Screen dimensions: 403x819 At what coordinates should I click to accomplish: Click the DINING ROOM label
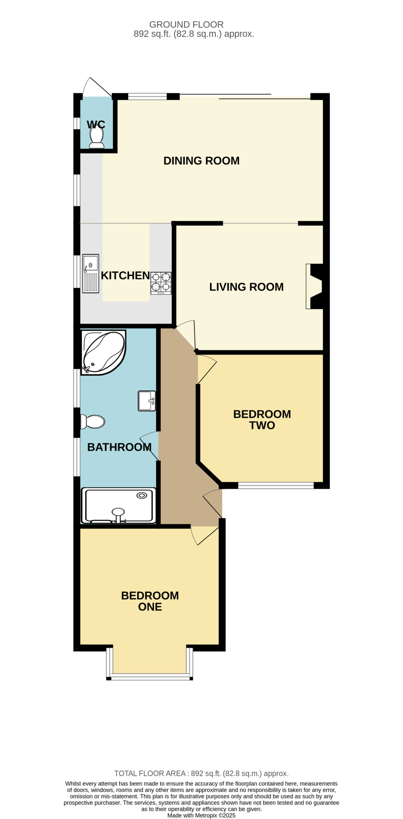pyautogui.click(x=201, y=161)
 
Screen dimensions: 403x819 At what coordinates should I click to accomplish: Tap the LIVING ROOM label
pyautogui.click(x=246, y=287)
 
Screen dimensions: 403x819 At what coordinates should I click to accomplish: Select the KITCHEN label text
pyautogui.click(x=125, y=275)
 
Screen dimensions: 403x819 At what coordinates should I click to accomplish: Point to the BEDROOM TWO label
pyautogui.click(x=262, y=419)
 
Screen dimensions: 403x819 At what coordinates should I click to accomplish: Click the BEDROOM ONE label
pyautogui.click(x=150, y=601)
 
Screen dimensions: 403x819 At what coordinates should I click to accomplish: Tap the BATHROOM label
pyautogui.click(x=119, y=447)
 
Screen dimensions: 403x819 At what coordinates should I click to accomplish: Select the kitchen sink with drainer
pyautogui.click(x=91, y=274)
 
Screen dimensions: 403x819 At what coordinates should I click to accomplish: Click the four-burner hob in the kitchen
pyautogui.click(x=161, y=283)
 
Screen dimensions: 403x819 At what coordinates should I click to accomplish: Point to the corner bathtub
pyautogui.click(x=103, y=352)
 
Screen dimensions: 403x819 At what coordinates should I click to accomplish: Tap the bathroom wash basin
pyautogui.click(x=147, y=401)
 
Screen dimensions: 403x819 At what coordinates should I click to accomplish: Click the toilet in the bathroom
pyautogui.click(x=93, y=422)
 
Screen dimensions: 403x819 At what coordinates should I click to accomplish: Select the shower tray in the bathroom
pyautogui.click(x=119, y=505)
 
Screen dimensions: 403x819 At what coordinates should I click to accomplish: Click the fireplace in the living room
pyautogui.click(x=314, y=286)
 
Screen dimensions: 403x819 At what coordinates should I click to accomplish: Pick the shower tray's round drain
pyautogui.click(x=142, y=496)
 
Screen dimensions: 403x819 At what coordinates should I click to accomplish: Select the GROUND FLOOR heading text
pyautogui.click(x=186, y=25)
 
